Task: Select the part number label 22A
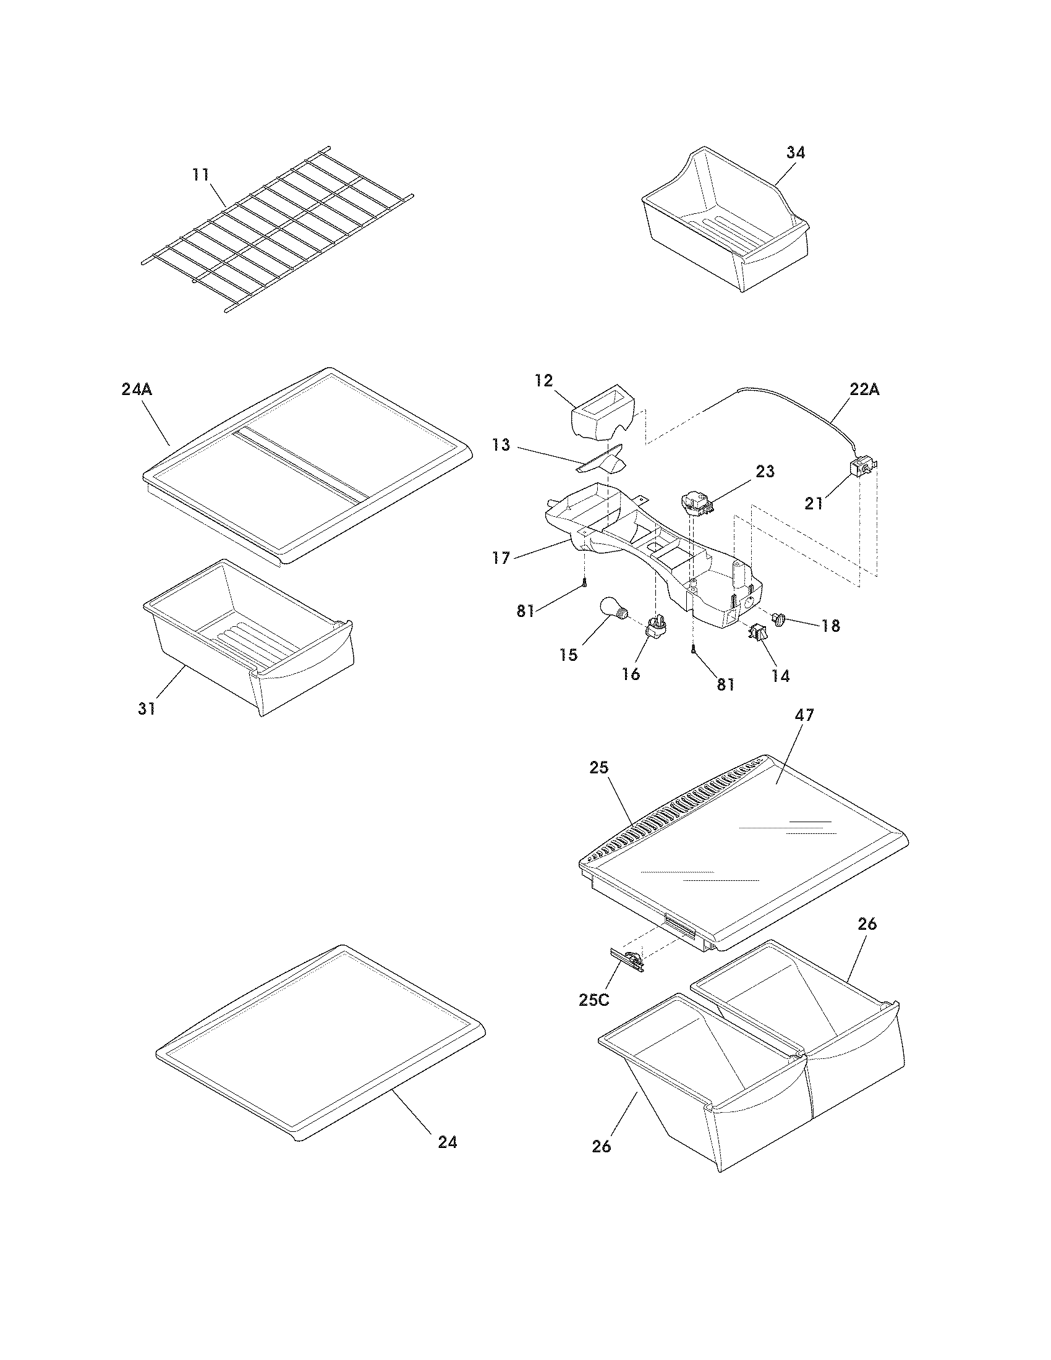pos(864,390)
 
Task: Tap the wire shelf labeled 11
pos(274,231)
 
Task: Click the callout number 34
pos(795,153)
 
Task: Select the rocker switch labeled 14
pos(758,632)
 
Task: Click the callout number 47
pos(804,715)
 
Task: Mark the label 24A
pos(137,390)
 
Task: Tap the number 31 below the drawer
pos(147,708)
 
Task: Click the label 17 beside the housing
pos(501,558)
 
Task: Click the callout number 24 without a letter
pos(447,1142)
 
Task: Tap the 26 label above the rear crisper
pos(867,925)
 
